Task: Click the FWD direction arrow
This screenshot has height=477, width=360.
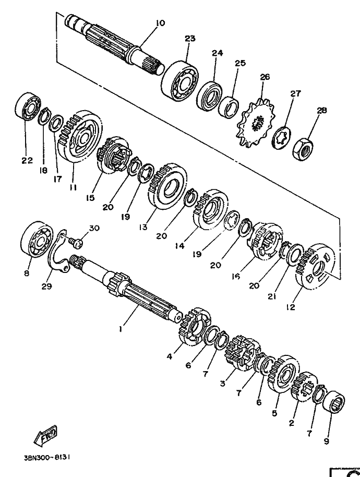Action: tap(45, 434)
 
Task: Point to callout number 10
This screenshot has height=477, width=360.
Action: tap(160, 22)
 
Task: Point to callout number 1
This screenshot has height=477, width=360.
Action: tap(121, 329)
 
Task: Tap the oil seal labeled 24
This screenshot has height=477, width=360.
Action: tap(209, 94)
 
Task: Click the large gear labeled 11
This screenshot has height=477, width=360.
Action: tap(80, 137)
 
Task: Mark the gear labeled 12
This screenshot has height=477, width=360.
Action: tap(315, 265)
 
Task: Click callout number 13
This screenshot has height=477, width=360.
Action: tap(143, 227)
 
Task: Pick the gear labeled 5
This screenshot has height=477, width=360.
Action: tap(283, 375)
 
